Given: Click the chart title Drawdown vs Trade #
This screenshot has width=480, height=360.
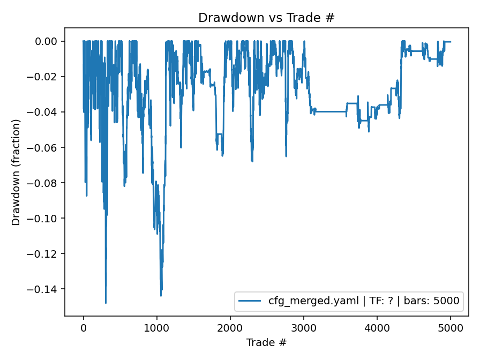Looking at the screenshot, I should click(x=266, y=18).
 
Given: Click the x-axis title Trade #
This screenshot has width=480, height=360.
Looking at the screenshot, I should click(x=266, y=342).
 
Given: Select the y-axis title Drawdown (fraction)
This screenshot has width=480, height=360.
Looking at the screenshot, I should click(x=16, y=172).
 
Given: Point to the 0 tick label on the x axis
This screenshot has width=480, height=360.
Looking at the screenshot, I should click(x=83, y=328).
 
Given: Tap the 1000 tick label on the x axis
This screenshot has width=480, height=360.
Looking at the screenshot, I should click(x=156, y=328).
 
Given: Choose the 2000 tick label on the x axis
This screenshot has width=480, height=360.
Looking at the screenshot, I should click(x=230, y=328).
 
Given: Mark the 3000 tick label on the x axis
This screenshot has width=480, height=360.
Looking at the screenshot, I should click(x=303, y=328).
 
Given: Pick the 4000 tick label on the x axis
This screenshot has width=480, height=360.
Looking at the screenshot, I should click(x=377, y=328).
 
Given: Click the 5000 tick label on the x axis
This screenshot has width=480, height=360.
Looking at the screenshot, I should click(x=450, y=328).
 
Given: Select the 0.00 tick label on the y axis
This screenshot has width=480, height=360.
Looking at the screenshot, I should click(x=47, y=41).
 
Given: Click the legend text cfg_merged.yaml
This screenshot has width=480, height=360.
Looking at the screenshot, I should click(x=310, y=301).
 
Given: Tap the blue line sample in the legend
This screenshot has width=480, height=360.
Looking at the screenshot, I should click(x=250, y=301).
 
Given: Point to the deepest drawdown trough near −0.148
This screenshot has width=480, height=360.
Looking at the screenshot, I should click(x=106, y=303).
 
